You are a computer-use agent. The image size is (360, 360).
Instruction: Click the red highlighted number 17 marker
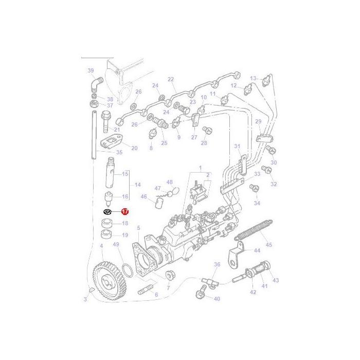pos(124,211)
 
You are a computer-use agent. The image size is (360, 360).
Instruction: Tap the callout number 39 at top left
pos(91,70)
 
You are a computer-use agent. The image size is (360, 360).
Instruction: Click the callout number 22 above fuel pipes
pos(171,79)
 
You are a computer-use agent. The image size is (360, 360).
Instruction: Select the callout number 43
pos(276,280)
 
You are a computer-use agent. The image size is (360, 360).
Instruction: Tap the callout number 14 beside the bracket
pos(137,185)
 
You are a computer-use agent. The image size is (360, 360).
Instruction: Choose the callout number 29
pos(258,121)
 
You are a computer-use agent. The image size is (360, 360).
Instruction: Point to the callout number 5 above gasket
pos(138,227)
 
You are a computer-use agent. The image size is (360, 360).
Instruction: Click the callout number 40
pos(217,299)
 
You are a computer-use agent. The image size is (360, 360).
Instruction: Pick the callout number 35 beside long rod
pos(119,153)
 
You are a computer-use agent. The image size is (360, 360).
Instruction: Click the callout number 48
pos(170,182)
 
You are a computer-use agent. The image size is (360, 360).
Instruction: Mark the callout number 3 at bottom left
pos(85,299)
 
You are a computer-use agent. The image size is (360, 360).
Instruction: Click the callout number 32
pos(274,184)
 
